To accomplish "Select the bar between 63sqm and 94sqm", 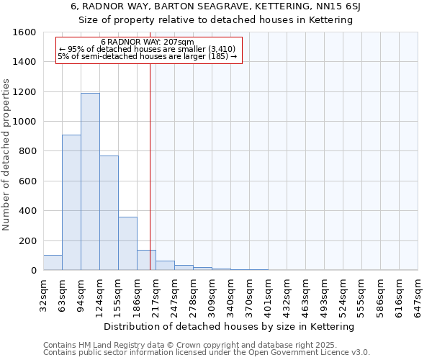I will pos(71,202).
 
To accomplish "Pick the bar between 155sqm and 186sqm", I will pos(127,243).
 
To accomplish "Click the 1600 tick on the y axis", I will pos(24,32).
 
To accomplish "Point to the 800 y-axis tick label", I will pos(27,151).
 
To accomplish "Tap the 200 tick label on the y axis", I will pos(27,240).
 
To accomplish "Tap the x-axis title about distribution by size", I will pos(230,326).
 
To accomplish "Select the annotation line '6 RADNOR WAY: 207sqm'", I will pos(148,42).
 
